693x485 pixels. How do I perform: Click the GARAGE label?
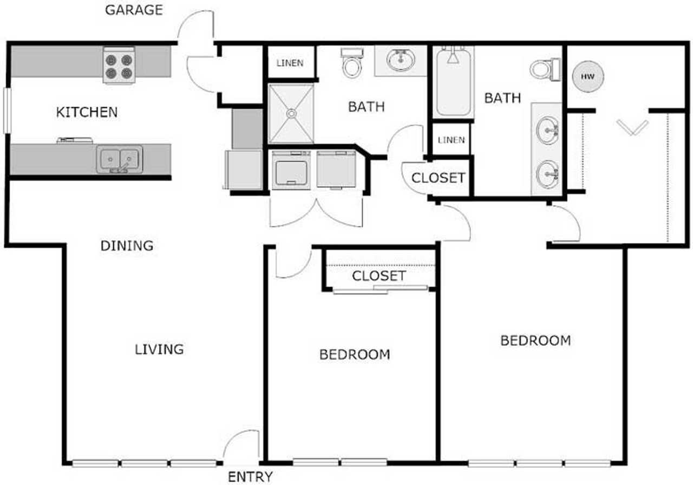[134, 10]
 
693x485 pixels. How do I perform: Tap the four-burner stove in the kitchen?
[119, 65]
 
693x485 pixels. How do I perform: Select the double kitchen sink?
[120, 159]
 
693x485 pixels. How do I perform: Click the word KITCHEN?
[87, 112]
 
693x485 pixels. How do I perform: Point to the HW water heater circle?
[588, 76]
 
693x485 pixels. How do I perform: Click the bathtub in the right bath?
[454, 82]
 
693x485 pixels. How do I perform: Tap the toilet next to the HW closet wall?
[545, 69]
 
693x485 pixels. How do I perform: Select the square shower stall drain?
[291, 114]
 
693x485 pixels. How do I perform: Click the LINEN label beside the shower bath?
[290, 63]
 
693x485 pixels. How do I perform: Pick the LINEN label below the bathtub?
[452, 140]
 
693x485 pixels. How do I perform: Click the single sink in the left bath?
[401, 60]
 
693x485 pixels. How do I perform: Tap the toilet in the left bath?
[352, 63]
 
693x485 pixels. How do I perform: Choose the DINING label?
[127, 246]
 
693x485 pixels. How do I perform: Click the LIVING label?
[159, 350]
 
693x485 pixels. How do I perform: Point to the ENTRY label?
[250, 477]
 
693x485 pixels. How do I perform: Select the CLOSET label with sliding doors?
[379, 276]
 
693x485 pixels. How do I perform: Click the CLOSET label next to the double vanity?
[439, 178]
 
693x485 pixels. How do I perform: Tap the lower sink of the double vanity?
[547, 174]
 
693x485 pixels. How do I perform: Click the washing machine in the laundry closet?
[291, 170]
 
